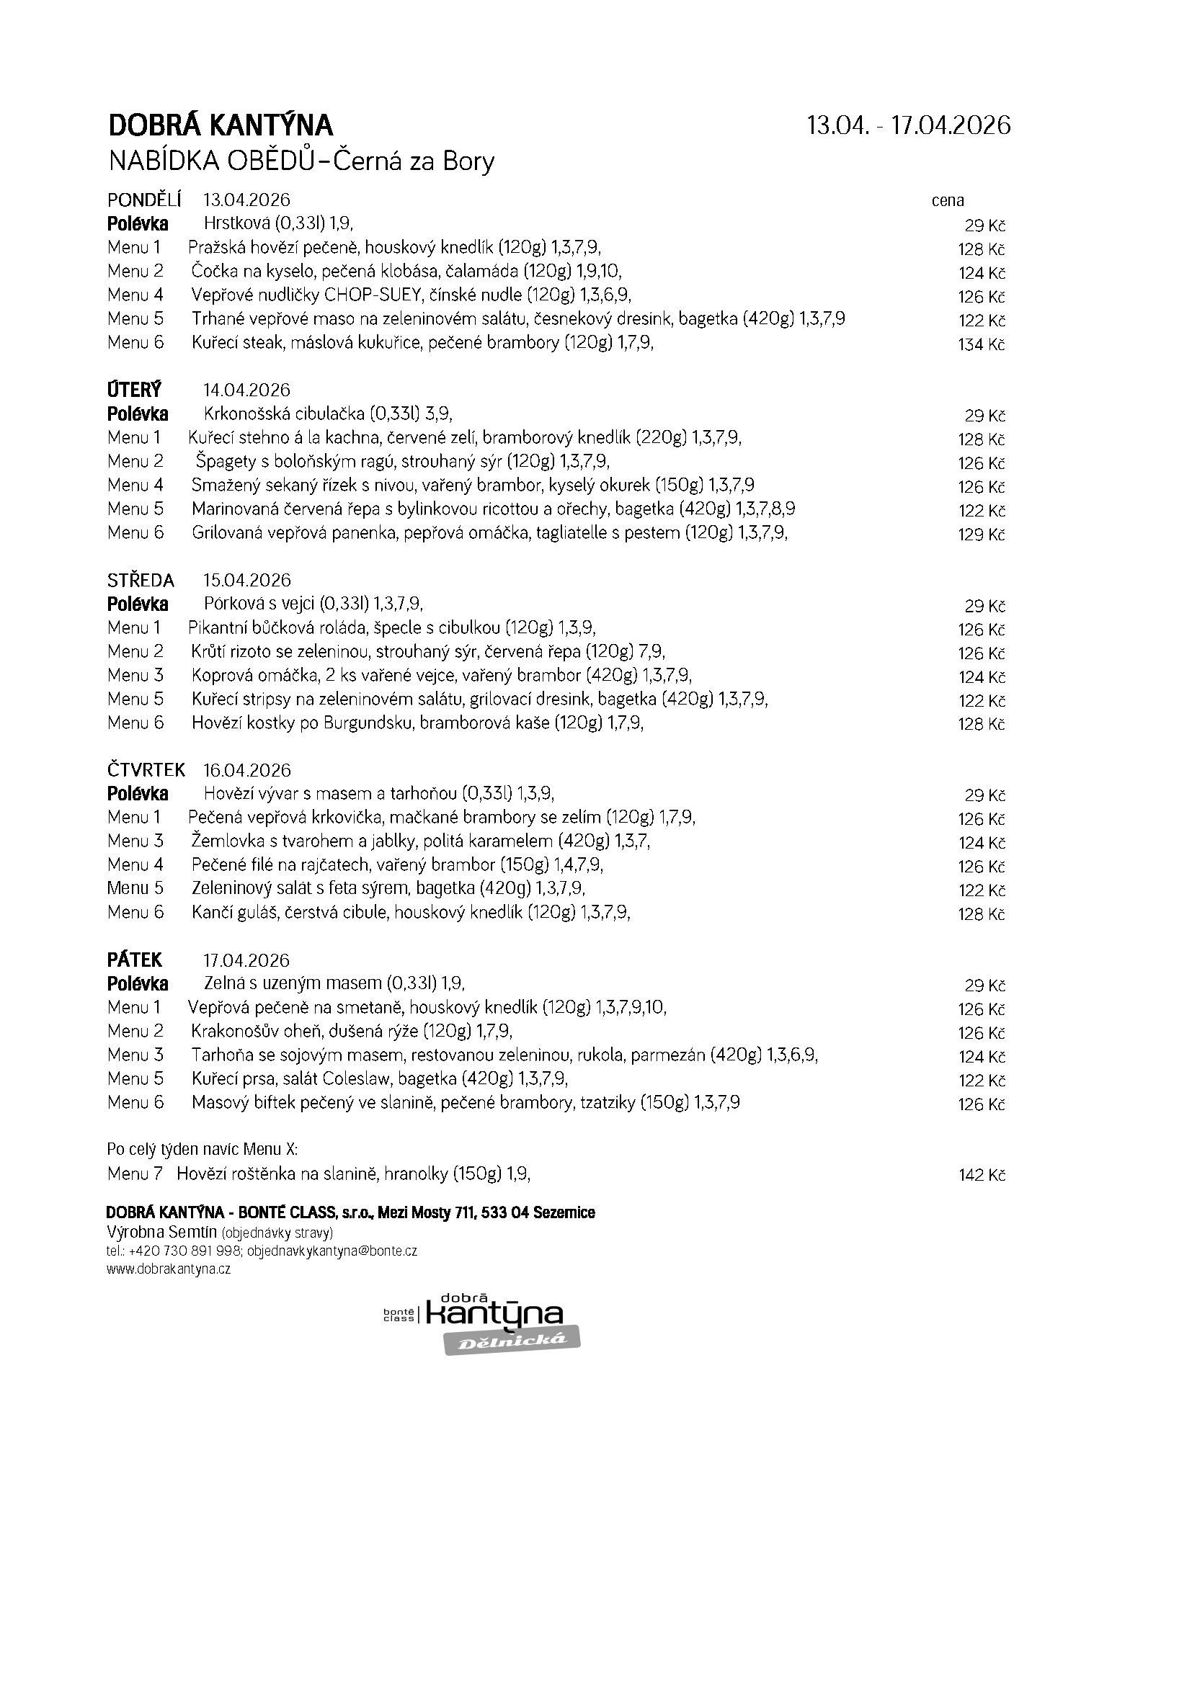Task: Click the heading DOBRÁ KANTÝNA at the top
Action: click(221, 125)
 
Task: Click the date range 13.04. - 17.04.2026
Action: click(908, 125)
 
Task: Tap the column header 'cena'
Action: click(948, 200)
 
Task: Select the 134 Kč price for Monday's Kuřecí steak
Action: click(982, 344)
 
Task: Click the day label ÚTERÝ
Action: click(133, 390)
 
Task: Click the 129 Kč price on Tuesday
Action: click(982, 535)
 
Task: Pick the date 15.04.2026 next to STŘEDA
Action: click(246, 581)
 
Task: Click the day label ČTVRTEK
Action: click(146, 770)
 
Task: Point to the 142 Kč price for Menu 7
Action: click(982, 1175)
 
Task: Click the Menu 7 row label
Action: click(134, 1174)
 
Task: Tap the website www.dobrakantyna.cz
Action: click(168, 1269)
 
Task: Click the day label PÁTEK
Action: click(134, 960)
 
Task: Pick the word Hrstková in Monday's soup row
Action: click(235, 223)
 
